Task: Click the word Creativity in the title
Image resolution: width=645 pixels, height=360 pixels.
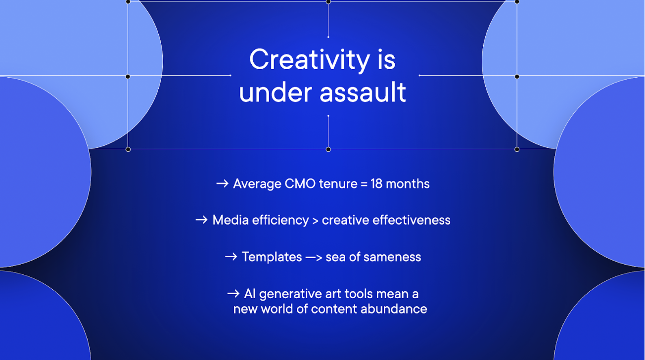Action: click(x=310, y=60)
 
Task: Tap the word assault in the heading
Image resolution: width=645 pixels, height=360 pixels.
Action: click(x=363, y=92)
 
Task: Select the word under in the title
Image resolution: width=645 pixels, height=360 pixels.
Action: click(x=276, y=92)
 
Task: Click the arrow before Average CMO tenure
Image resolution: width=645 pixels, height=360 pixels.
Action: click(x=222, y=183)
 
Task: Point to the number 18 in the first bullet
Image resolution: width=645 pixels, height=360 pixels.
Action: click(x=376, y=183)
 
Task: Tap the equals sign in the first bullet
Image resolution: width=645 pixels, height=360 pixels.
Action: click(x=364, y=184)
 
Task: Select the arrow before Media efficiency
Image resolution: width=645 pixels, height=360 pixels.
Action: click(x=202, y=220)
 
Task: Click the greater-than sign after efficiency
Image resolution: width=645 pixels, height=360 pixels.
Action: click(x=315, y=221)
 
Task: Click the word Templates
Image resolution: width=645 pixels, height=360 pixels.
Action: click(x=272, y=257)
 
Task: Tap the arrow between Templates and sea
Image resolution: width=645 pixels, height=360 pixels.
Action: click(x=314, y=257)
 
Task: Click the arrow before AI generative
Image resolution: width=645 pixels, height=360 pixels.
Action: click(x=233, y=294)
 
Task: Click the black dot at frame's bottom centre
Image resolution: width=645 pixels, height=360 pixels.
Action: click(x=328, y=149)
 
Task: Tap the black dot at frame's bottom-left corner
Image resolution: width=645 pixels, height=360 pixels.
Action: click(x=128, y=149)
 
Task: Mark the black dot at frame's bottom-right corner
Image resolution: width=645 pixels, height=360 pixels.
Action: click(x=517, y=149)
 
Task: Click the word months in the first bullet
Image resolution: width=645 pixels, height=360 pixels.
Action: click(x=408, y=183)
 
